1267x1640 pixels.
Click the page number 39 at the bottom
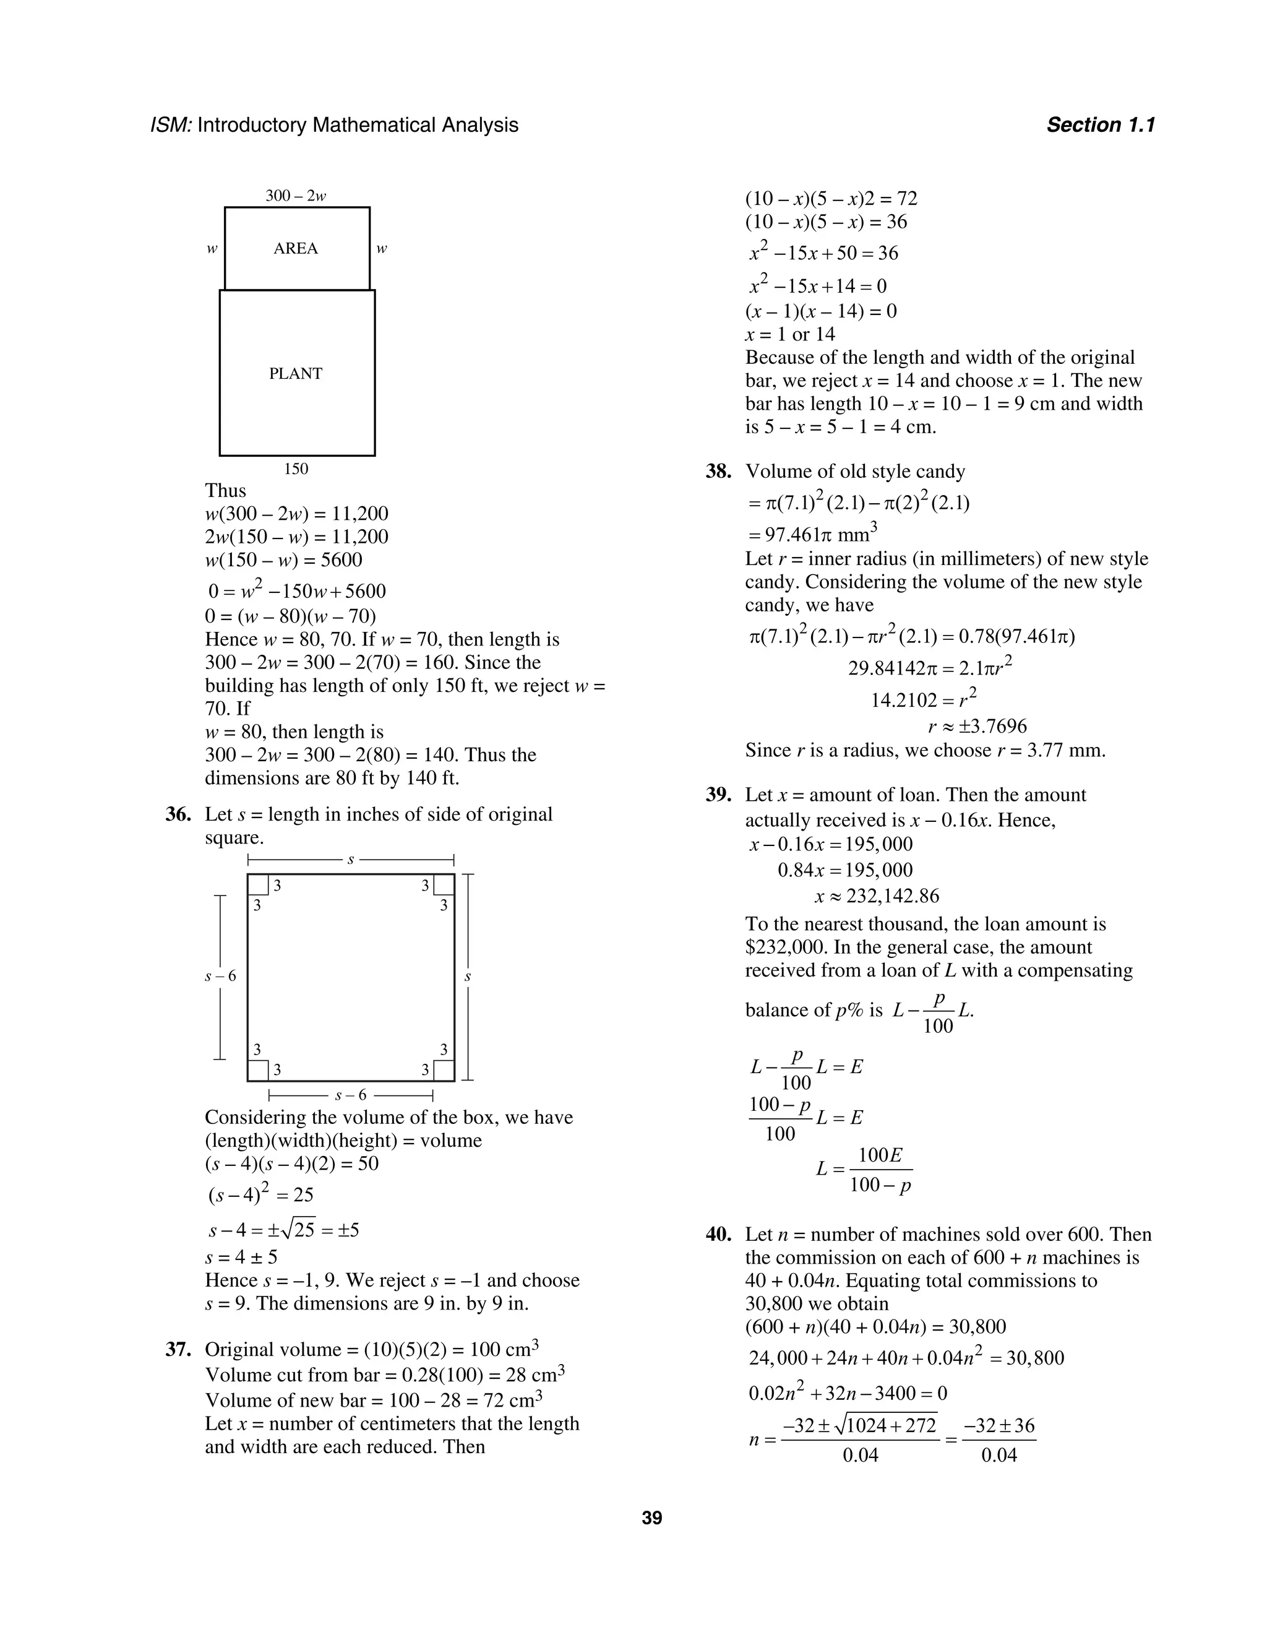[x=651, y=1518]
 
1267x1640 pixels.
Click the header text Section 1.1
[x=1101, y=124]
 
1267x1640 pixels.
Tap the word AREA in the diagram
[x=296, y=249]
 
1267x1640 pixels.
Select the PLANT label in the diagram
[x=296, y=373]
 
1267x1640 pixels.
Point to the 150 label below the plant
[x=296, y=468]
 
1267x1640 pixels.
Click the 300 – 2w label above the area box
[x=296, y=196]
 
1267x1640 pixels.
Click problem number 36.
[x=179, y=814]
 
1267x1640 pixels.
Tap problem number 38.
[x=718, y=472]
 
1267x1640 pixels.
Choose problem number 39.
[x=718, y=795]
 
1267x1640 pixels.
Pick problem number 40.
[x=718, y=1235]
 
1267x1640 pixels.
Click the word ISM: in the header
[x=172, y=124]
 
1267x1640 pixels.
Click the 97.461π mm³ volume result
[x=813, y=535]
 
